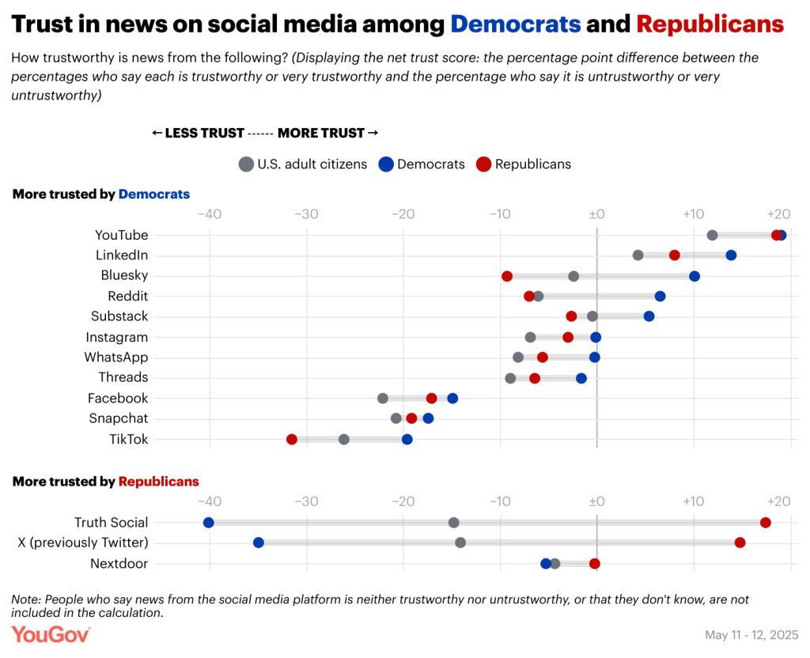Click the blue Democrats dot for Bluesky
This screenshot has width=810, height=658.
[695, 276]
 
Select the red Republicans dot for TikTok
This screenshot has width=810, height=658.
[292, 439]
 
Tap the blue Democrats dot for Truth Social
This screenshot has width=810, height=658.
[209, 523]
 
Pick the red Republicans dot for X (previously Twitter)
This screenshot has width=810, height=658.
[740, 543]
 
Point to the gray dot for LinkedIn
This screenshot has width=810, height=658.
[638, 255]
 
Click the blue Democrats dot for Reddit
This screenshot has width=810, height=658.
[660, 297]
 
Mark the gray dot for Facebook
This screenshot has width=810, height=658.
[383, 399]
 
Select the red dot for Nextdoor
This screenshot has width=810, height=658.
[595, 563]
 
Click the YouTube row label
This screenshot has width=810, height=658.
[121, 235]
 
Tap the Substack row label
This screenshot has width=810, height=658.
[119, 316]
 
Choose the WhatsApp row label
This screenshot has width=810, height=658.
[116, 357]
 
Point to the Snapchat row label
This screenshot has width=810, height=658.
[118, 418]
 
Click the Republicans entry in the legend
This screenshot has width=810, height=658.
[532, 164]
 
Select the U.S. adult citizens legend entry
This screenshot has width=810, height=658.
[312, 164]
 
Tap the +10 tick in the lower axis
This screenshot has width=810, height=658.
[694, 501]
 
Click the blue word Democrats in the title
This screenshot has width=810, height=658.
[516, 24]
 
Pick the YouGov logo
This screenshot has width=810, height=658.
[51, 634]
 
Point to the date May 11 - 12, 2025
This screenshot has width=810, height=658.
[751, 635]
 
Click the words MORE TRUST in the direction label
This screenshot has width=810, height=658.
[321, 133]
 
